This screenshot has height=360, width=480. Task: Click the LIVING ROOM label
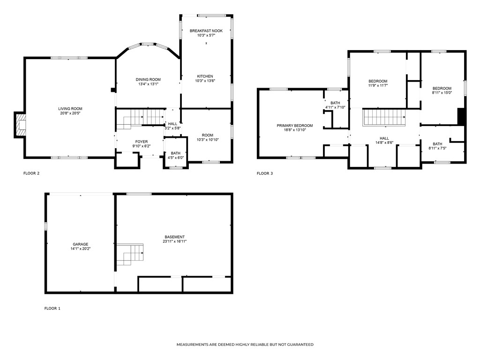pos(70,109)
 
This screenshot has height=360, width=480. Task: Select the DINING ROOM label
pos(148,79)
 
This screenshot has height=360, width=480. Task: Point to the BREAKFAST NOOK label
pos(206,30)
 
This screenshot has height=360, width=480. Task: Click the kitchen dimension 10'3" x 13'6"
pos(205,81)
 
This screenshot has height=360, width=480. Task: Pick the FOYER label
pos(142,142)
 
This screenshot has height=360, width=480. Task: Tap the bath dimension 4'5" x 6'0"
pos(176,157)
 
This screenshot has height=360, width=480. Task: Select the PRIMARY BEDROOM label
pos(294,125)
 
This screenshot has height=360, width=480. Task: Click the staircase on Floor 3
pos(384,117)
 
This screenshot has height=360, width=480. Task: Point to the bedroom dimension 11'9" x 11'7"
pos(378,86)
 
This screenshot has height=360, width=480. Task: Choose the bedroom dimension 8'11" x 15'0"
pos(442,93)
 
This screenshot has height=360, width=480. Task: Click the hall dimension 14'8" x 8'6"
pos(384,142)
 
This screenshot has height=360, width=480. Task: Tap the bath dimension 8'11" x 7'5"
pos(437,149)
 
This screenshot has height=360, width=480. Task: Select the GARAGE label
pos(80,244)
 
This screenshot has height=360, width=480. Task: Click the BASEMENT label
pos(174,237)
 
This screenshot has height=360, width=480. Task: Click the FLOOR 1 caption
pos(52,308)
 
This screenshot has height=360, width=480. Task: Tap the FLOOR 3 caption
pos(265,173)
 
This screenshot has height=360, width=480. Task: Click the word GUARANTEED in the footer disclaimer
pos(298,345)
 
